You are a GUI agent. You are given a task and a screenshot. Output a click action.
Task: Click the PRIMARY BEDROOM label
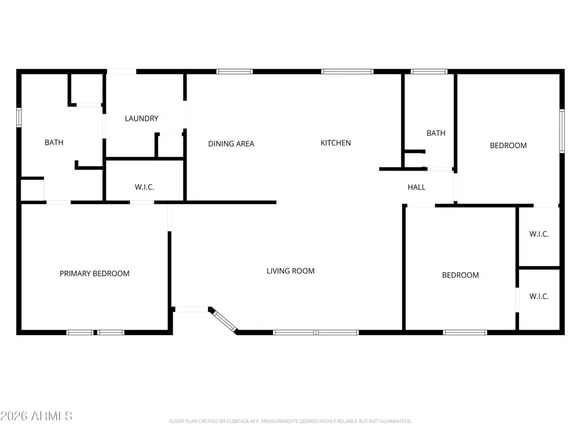(x=94, y=274)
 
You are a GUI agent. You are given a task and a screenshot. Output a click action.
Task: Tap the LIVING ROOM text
(x=290, y=271)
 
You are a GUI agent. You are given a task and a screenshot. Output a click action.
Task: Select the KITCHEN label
(x=336, y=143)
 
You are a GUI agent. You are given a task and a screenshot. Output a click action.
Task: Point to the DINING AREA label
(x=231, y=143)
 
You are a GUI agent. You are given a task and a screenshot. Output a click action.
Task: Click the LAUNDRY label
(x=141, y=119)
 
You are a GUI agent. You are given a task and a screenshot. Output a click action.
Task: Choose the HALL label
(x=416, y=187)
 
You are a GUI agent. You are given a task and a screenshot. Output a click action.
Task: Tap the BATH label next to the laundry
(x=54, y=143)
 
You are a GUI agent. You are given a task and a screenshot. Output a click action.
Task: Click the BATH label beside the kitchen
(x=436, y=134)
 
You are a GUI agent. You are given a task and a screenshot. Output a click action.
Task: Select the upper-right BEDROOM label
(x=508, y=146)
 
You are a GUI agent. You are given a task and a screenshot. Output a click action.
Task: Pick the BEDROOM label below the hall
(x=460, y=275)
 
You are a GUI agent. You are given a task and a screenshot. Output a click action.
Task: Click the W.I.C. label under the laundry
(x=144, y=187)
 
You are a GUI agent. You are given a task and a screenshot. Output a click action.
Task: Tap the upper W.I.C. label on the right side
(x=539, y=234)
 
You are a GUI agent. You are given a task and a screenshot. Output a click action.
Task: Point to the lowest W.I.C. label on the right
(x=539, y=296)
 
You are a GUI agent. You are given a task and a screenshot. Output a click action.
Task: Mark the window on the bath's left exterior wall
(x=19, y=116)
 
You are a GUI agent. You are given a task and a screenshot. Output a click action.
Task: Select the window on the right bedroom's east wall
(x=562, y=131)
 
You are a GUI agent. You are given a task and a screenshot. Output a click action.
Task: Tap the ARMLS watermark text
(x=37, y=415)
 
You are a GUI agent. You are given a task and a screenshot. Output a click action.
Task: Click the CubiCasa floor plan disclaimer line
(x=290, y=421)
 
